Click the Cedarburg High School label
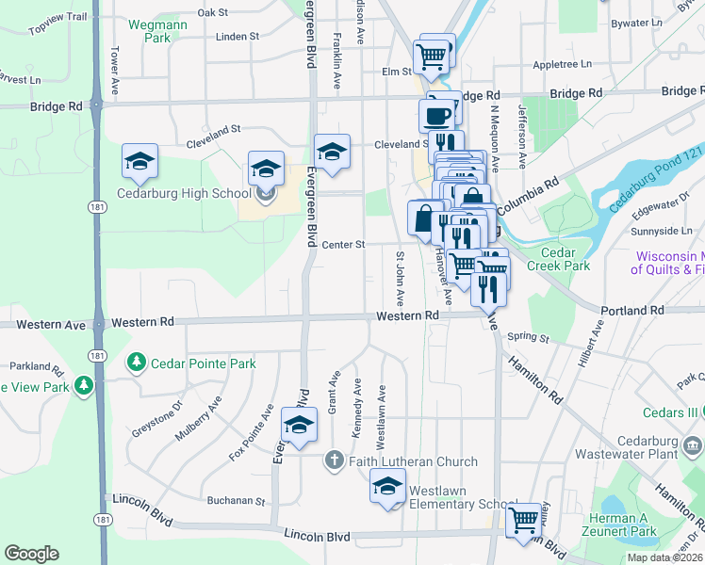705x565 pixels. pyautogui.click(x=183, y=194)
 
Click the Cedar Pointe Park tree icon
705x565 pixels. pyautogui.click(x=137, y=363)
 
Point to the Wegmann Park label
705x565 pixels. pyautogui.click(x=151, y=31)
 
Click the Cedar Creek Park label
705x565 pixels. pyautogui.click(x=566, y=259)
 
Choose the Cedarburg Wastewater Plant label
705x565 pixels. pyautogui.click(x=661, y=447)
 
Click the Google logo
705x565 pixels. pyautogui.click(x=31, y=554)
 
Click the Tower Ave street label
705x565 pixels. pyautogui.click(x=115, y=72)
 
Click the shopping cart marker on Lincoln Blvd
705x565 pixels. pyautogui.click(x=524, y=519)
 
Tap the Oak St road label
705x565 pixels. pyautogui.click(x=214, y=12)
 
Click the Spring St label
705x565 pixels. pyautogui.click(x=528, y=337)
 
